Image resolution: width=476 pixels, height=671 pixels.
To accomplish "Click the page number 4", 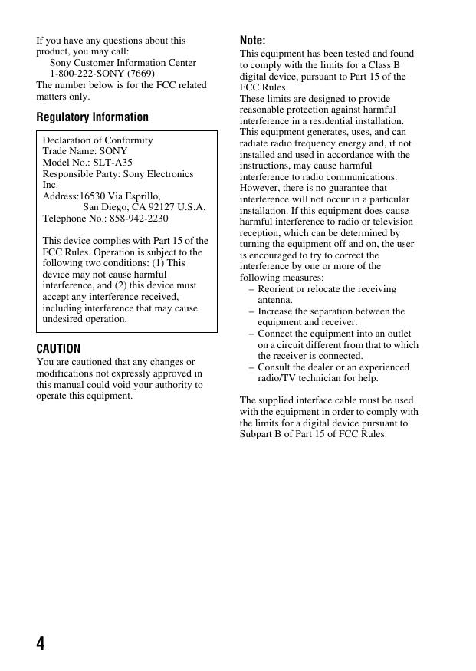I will pyautogui.click(x=41, y=643).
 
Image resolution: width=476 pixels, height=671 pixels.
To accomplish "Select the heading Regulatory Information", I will pyautogui.click(x=93, y=117).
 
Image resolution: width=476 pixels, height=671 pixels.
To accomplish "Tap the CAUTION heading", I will pyautogui.click(x=58, y=348).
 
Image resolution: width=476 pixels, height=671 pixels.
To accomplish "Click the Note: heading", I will pyautogui.click(x=253, y=41).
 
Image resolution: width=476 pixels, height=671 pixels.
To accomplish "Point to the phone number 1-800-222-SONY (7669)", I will pyautogui.click(x=102, y=74).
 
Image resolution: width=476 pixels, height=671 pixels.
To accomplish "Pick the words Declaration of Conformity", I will pyautogui.click(x=97, y=140).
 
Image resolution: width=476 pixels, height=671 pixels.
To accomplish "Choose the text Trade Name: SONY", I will pyautogui.click(x=85, y=152).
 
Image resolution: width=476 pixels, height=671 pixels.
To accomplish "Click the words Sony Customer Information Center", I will pyautogui.click(x=123, y=63).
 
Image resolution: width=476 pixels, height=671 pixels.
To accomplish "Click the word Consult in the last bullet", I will pyautogui.click(x=275, y=367).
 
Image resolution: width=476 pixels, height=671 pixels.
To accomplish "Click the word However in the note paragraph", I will pyautogui.click(x=261, y=188).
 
